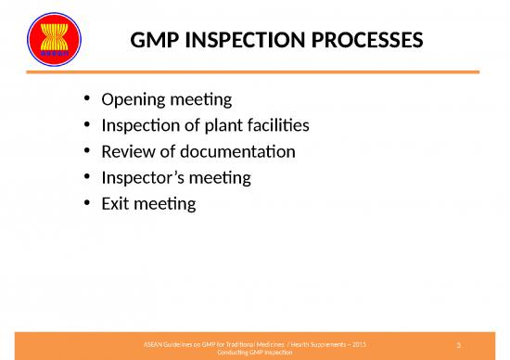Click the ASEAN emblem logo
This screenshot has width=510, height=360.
(x=55, y=40)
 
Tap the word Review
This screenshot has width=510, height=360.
(x=129, y=151)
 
